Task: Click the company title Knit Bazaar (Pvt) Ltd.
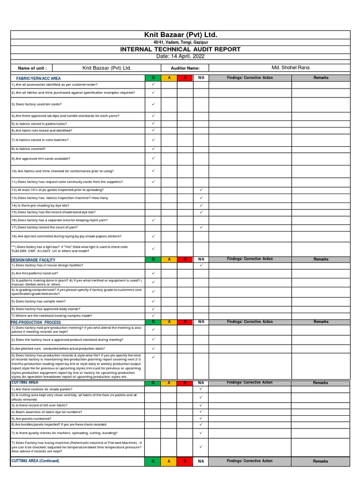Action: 180,35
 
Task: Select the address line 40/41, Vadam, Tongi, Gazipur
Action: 180,42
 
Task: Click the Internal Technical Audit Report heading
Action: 180,49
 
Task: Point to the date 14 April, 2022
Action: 180,56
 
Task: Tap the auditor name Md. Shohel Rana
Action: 290,68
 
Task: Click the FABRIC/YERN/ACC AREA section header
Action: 38,78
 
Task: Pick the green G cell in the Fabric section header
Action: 153,78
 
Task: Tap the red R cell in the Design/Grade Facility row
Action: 185,259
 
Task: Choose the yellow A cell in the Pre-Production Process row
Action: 169,322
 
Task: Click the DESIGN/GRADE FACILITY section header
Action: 33,260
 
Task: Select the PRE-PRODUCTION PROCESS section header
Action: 36,322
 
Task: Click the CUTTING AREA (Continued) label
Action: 36,461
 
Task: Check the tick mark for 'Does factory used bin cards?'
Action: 153,104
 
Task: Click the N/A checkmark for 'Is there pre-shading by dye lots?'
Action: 201,205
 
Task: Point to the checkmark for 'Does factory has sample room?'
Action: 153,301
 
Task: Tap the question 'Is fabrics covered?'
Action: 29,149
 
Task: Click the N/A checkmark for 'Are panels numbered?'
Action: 201,418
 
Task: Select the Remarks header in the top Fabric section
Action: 321,78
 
